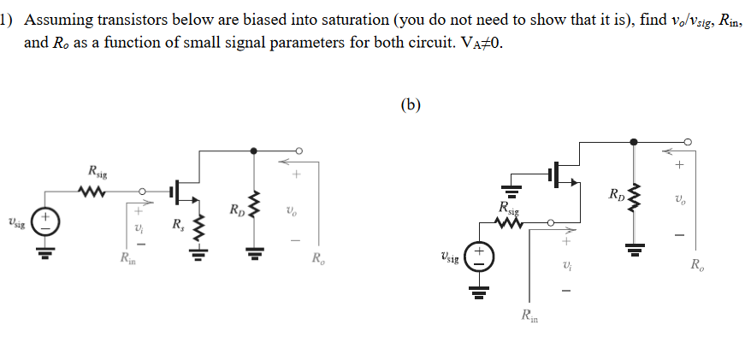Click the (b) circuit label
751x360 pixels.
411,105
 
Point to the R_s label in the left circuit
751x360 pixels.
177,226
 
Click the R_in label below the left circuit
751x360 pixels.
128,256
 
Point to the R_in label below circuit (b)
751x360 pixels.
531,318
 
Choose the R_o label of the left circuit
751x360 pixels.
318,258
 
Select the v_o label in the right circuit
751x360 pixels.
680,201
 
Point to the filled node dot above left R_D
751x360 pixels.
254,150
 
